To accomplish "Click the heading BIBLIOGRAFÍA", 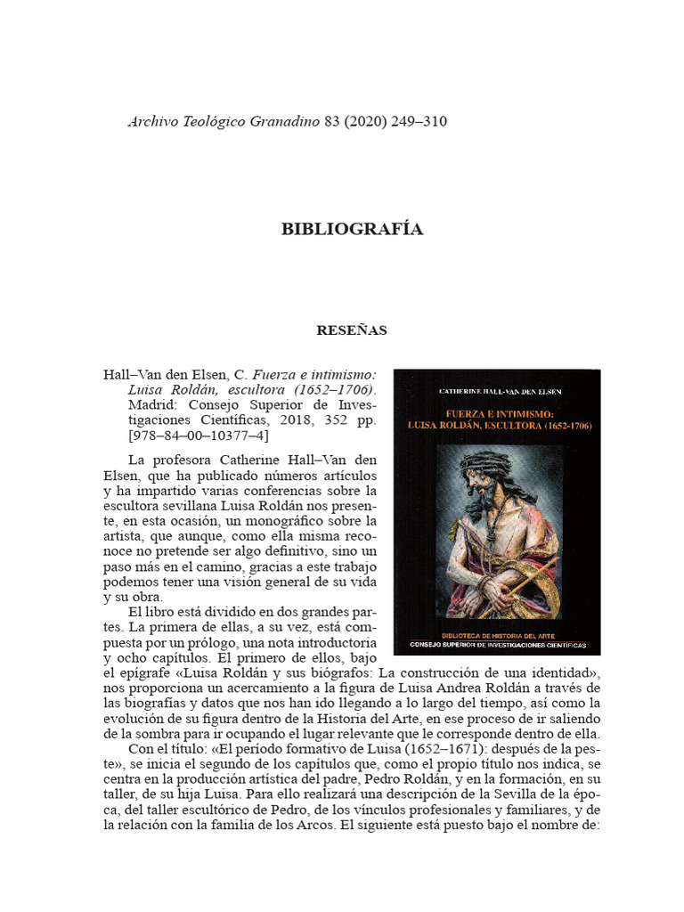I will click(352, 230).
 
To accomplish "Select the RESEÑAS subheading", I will click(352, 330).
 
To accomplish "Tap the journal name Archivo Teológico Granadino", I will click(224, 121).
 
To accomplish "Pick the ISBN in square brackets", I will click(199, 436).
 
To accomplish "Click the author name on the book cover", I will click(497, 390).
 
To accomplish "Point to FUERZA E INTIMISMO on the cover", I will click(497, 414).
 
